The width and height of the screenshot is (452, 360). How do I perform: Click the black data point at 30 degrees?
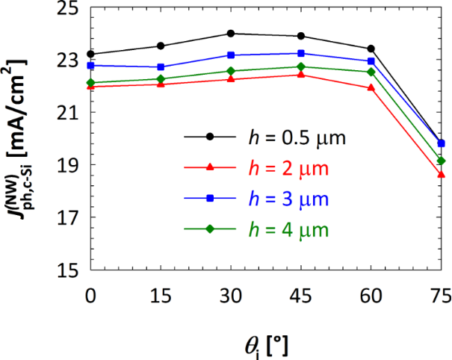point(231,34)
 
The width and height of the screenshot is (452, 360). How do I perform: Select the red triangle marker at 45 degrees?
point(301,75)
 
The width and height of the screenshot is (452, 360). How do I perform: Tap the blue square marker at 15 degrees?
point(161,67)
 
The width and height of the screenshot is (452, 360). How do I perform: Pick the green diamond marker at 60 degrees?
point(371,72)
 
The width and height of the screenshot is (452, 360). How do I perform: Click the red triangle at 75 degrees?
point(442,174)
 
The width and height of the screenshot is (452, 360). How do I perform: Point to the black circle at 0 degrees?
point(90,55)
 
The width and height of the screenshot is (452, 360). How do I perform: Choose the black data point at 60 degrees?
point(371,49)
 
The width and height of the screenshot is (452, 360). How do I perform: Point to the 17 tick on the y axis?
point(69,218)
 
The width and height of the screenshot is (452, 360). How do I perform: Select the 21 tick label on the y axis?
point(69,113)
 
